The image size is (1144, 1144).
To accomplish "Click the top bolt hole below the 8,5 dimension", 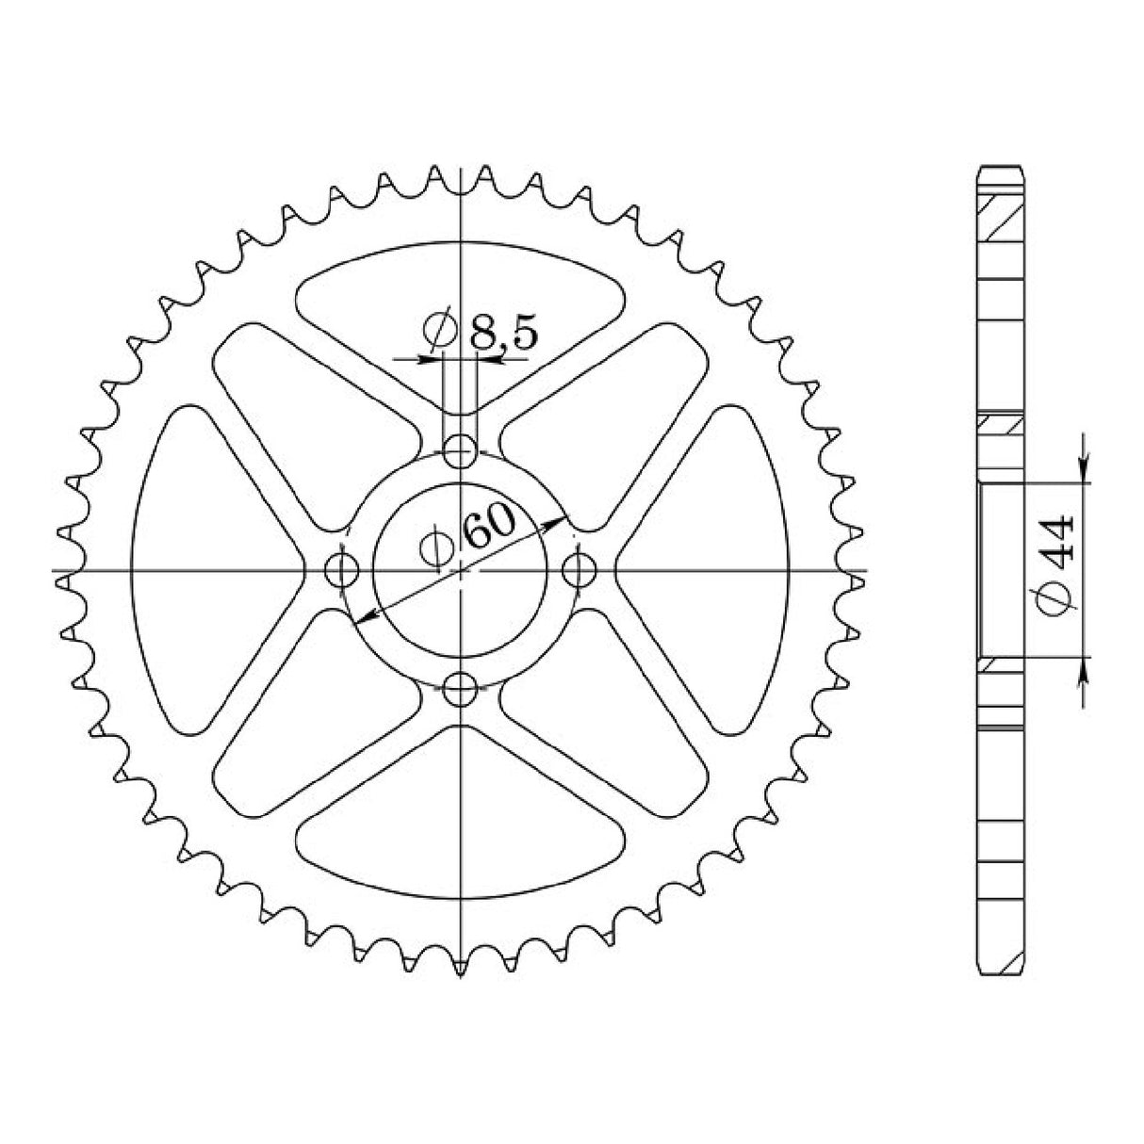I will tap(461, 450).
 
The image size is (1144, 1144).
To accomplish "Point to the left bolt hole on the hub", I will tap(341, 570).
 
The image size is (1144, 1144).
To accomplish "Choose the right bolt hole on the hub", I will tap(580, 570).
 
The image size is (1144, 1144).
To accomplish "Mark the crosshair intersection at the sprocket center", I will tap(461, 570).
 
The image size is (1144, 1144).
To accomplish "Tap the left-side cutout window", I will tap(203, 570).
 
